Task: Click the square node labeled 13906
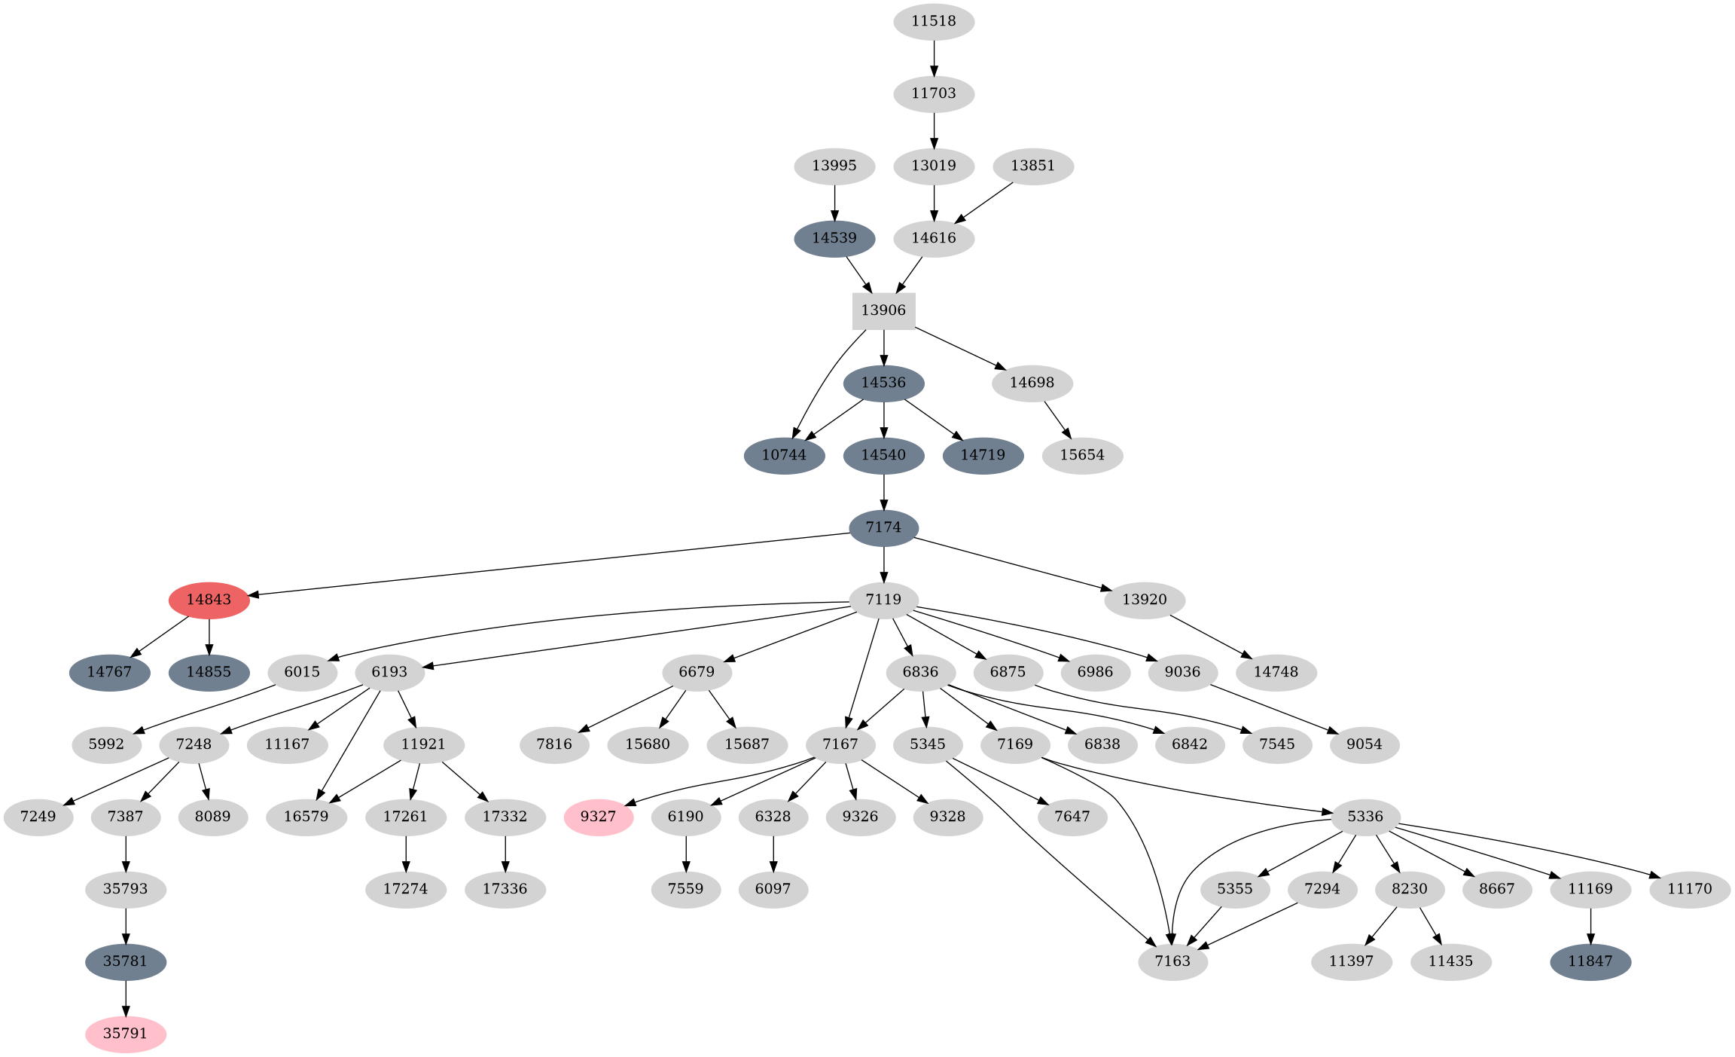pos(883,310)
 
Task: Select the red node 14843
pos(209,600)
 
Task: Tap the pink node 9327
pos(599,817)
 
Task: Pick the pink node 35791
pos(126,1034)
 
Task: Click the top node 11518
pos(934,21)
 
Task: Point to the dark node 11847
pos(1590,961)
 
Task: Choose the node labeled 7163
pos(1172,961)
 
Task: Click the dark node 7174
pos(883,527)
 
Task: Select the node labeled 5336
pos(1365,817)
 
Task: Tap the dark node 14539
pos(834,238)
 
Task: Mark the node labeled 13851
pos(1033,166)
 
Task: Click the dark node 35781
pos(126,961)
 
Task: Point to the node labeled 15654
pos(1082,455)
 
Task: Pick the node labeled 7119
pos(883,600)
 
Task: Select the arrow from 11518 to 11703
pos(934,57)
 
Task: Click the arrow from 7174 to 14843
pos(550,564)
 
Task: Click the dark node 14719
pos(983,455)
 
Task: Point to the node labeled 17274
pos(406,889)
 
